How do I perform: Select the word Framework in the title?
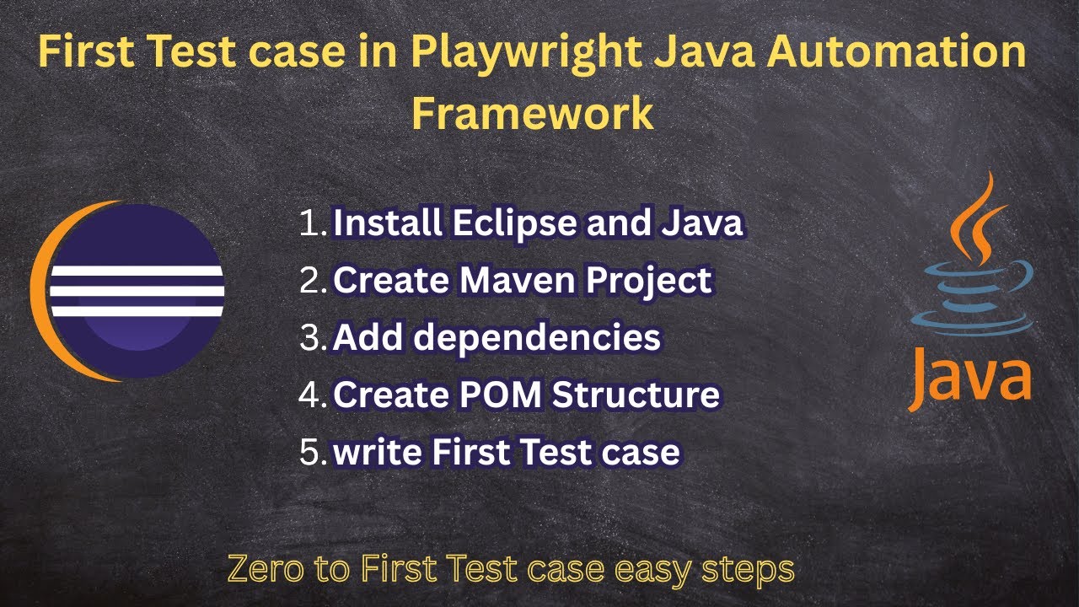[x=532, y=113]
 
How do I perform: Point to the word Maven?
[x=513, y=281]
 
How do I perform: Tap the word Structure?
[x=641, y=395]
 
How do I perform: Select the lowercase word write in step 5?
[x=378, y=452]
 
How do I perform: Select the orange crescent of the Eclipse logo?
[x=42, y=287]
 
